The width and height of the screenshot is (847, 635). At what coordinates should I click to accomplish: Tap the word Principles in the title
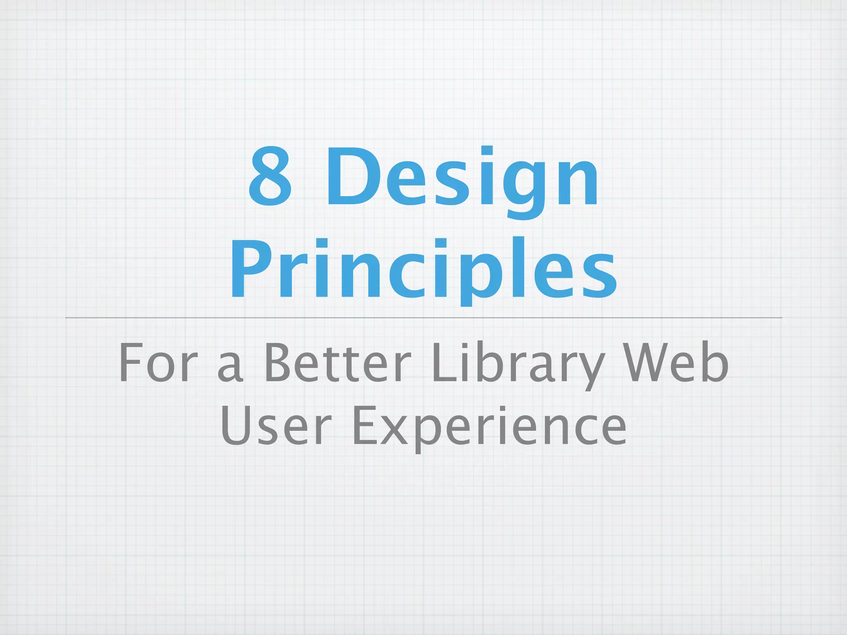click(423, 269)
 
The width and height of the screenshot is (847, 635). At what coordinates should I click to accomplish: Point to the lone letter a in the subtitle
click(230, 368)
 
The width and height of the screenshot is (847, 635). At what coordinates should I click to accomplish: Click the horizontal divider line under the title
click(423, 317)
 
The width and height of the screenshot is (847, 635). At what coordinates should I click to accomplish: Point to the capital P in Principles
click(252, 269)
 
